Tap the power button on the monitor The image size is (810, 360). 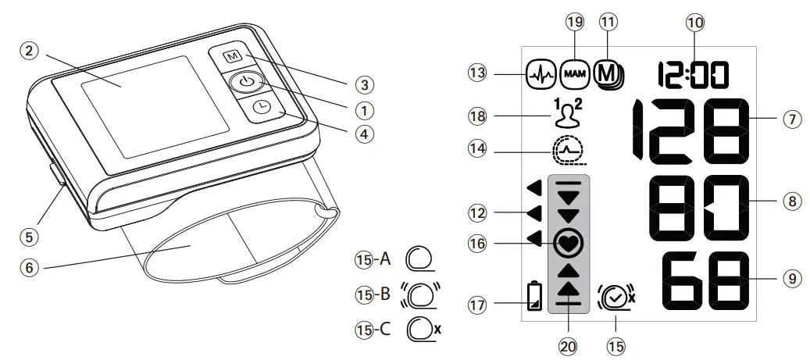pyautogui.click(x=246, y=82)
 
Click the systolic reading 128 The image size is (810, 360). pyautogui.click(x=687, y=130)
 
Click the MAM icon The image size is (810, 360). pyautogui.click(x=576, y=73)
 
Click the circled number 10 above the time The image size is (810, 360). pyautogui.click(x=694, y=24)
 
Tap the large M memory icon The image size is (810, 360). pyautogui.click(x=607, y=73)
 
